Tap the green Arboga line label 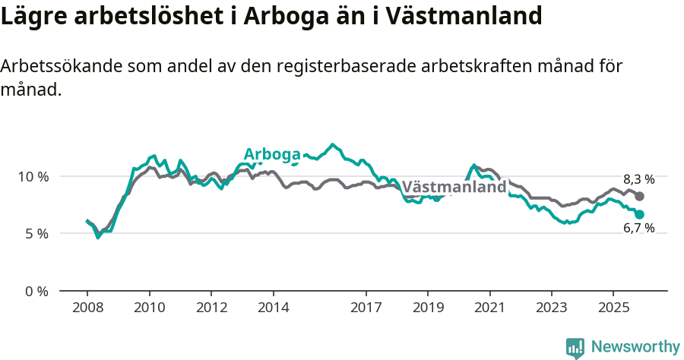tap(272, 154)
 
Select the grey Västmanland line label tap(454, 187)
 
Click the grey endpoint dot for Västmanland tap(640, 197)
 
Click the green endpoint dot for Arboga tap(640, 215)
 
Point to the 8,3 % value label tap(638, 180)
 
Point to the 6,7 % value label tap(638, 228)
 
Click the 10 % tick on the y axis tap(33, 176)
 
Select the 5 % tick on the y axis tap(36, 234)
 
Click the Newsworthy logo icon tap(575, 347)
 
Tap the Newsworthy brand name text tap(635, 347)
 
